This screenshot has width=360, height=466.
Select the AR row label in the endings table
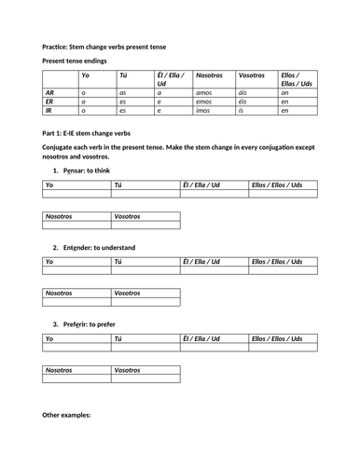tap(49, 93)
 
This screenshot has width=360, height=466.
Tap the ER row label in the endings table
tap(49, 102)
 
